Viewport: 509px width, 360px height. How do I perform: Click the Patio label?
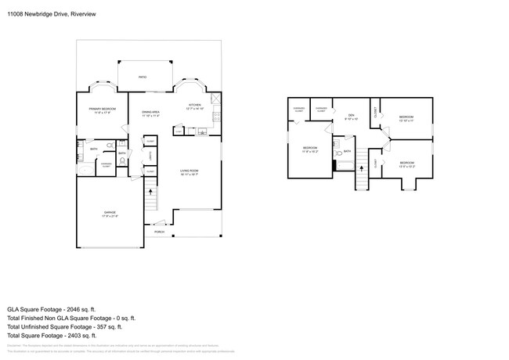142,77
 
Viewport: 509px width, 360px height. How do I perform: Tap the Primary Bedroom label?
103,110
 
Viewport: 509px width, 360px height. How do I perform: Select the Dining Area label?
150,114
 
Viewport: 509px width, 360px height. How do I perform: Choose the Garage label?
109,213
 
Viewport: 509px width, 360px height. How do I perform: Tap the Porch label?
159,232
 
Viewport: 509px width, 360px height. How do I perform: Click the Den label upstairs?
351,117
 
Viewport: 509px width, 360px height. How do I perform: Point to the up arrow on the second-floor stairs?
361,166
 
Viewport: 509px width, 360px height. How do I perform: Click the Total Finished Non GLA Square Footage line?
72,317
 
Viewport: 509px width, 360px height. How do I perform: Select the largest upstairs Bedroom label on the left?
310,149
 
